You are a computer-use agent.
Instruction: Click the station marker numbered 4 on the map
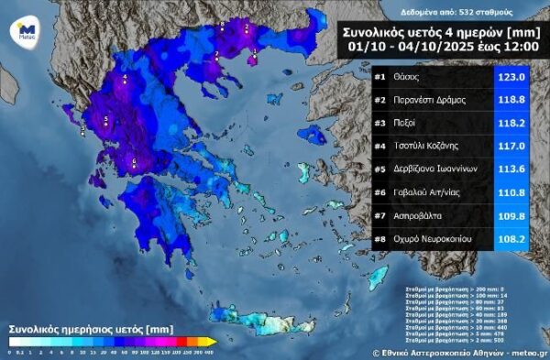(126, 80)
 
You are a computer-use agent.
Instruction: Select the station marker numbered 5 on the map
(105, 120)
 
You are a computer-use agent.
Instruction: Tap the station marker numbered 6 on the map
(135, 162)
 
